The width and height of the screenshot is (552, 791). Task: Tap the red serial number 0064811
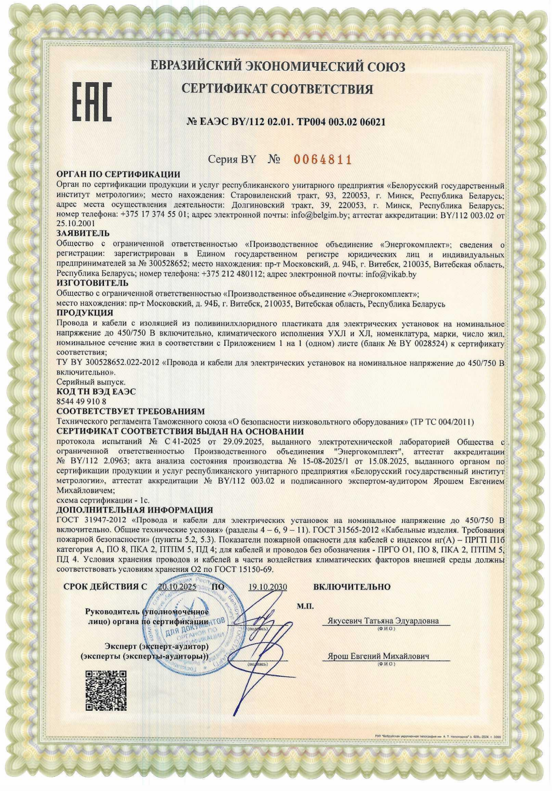[322, 160]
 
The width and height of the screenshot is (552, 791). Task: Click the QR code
[105, 690]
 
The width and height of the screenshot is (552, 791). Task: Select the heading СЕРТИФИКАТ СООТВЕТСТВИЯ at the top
[278, 89]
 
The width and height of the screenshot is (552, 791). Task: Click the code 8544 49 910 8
[81, 401]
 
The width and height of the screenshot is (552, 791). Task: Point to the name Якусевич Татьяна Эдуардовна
[383, 621]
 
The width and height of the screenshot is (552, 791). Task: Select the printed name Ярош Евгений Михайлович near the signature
[378, 656]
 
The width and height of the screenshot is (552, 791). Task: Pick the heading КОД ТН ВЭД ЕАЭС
[96, 392]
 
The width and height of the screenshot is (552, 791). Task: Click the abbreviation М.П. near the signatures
[305, 606]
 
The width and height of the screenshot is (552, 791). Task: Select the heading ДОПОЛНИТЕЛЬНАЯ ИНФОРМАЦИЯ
[135, 510]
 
